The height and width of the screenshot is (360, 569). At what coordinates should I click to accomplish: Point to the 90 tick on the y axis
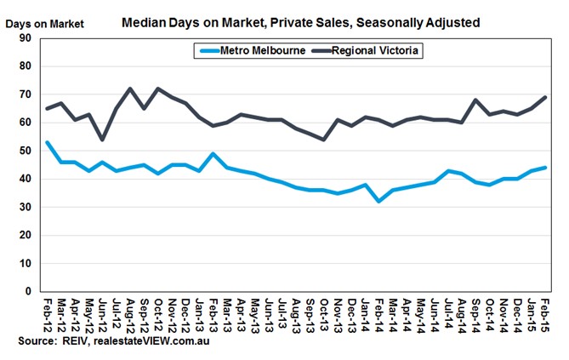(x=25, y=37)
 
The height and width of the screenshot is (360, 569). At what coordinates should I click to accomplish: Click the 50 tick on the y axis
(x=25, y=151)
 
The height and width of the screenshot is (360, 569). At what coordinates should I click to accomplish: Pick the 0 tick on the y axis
(x=28, y=291)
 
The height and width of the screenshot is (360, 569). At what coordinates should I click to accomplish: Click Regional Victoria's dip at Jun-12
(x=102, y=139)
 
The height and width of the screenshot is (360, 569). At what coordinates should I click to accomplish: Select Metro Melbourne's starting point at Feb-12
(x=46, y=142)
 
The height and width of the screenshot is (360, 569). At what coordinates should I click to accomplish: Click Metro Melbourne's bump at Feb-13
(x=213, y=153)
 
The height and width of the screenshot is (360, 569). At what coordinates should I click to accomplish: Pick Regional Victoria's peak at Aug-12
(x=130, y=89)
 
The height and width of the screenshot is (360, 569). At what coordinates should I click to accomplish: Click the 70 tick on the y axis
(x=25, y=94)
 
